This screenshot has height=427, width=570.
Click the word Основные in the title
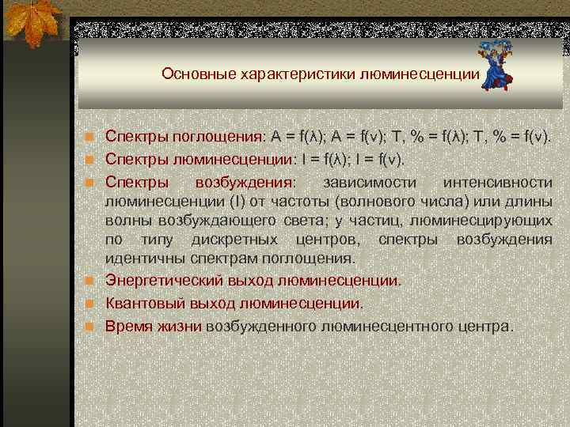coord(192,74)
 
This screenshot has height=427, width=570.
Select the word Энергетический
coord(161,280)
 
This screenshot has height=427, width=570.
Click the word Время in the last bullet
coord(125,325)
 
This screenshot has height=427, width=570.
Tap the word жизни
coord(181,325)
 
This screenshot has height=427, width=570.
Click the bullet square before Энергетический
coord(91,281)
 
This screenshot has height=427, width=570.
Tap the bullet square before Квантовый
coord(91,303)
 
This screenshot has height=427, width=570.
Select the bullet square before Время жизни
coord(91,326)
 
